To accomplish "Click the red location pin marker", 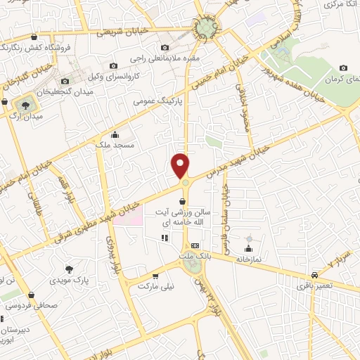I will pos(181,165).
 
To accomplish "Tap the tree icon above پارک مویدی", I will pos(68,269).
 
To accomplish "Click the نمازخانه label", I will pos(247,259).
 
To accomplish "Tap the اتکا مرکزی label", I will pos(337,5).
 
